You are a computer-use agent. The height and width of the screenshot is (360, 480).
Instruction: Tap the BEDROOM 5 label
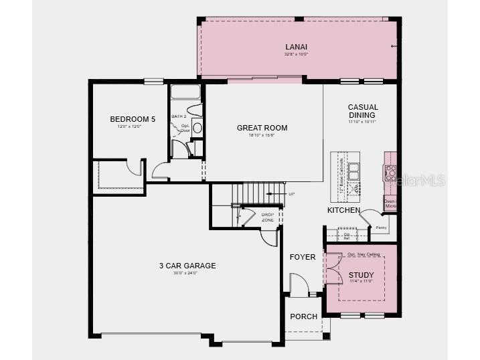click(133, 119)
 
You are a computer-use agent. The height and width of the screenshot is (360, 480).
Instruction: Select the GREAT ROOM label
click(262, 128)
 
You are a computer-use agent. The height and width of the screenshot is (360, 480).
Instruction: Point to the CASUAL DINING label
click(363, 111)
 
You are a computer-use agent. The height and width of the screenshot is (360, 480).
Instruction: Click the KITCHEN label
click(343, 210)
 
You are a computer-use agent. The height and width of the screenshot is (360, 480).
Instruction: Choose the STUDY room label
click(362, 274)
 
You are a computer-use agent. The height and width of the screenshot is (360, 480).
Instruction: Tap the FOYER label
click(302, 257)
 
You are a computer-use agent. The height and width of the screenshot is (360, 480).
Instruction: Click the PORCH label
click(303, 317)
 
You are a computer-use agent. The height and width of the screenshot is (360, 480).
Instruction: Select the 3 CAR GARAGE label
click(187, 266)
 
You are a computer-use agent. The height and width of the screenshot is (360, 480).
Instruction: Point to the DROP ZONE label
click(268, 217)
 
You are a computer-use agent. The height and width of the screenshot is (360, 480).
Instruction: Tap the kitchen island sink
click(353, 171)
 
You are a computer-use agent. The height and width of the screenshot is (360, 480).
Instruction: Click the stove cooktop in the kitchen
click(390, 173)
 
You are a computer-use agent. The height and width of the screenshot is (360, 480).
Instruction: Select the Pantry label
click(381, 228)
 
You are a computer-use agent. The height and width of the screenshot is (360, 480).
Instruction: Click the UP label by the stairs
click(291, 194)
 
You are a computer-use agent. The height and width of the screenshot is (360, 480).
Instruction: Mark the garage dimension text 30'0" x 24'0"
click(187, 274)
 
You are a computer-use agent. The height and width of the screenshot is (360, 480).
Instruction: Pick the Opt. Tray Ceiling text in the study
click(364, 254)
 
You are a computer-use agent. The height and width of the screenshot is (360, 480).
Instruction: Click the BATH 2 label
click(179, 116)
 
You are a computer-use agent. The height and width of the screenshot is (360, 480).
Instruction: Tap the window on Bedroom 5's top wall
click(154, 81)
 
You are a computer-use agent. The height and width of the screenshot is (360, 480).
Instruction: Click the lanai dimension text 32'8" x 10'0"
click(295, 54)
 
